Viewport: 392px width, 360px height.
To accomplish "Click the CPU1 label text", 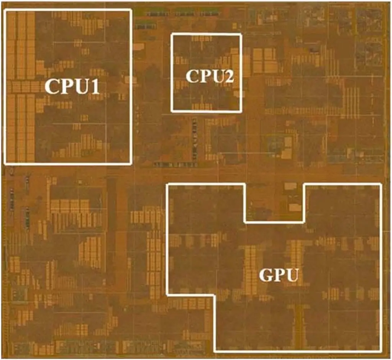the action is tap(72, 87).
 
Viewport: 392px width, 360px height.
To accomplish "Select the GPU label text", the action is tap(279, 275).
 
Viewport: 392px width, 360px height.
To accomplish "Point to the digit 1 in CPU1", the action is tap(95, 87).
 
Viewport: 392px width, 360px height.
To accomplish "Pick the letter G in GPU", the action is tap(265, 275).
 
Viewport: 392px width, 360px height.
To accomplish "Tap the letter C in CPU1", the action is tap(51, 87).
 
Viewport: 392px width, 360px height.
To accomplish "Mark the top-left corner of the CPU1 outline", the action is tap(5, 10).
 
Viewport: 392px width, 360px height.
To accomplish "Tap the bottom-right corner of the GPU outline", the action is tap(381, 351).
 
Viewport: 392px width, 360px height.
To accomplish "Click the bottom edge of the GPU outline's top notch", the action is tap(274, 222).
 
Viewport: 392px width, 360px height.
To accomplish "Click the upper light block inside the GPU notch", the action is tap(290, 186).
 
